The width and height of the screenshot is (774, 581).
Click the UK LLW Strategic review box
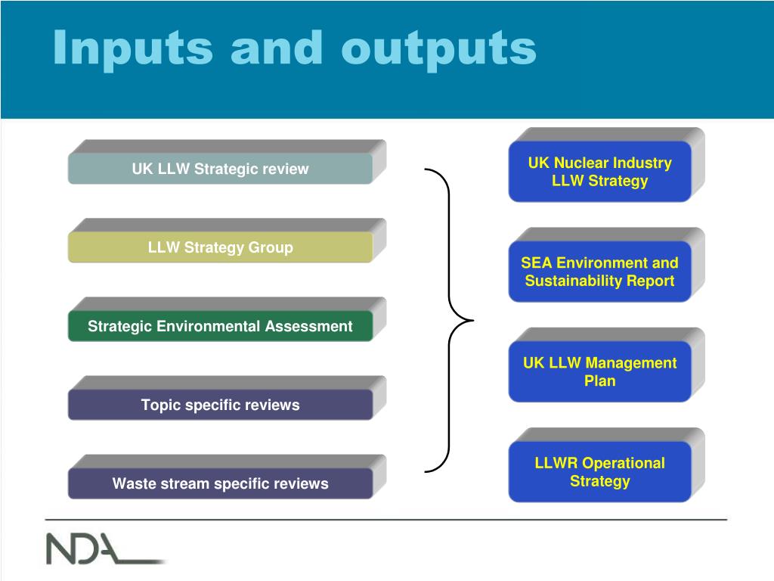coord(220,169)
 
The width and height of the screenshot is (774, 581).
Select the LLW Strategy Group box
coord(220,247)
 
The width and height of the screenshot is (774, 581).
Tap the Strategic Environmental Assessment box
coord(220,326)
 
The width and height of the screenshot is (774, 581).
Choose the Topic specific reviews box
coord(220,405)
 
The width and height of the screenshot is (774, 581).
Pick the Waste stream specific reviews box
coord(220,483)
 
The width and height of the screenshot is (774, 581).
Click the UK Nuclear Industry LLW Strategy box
coord(599,172)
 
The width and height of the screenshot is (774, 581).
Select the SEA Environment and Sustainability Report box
coord(599,272)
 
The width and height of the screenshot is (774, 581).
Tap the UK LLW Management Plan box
coord(599,371)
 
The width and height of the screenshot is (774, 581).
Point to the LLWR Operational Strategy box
coord(599,471)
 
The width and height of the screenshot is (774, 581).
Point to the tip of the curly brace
coord(472,321)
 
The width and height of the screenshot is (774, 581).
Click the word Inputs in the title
coord(133,48)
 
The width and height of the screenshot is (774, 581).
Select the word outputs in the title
coord(438,48)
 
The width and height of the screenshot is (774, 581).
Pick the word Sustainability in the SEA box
coord(572,281)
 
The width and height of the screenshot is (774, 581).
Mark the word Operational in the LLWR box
coord(624,462)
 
